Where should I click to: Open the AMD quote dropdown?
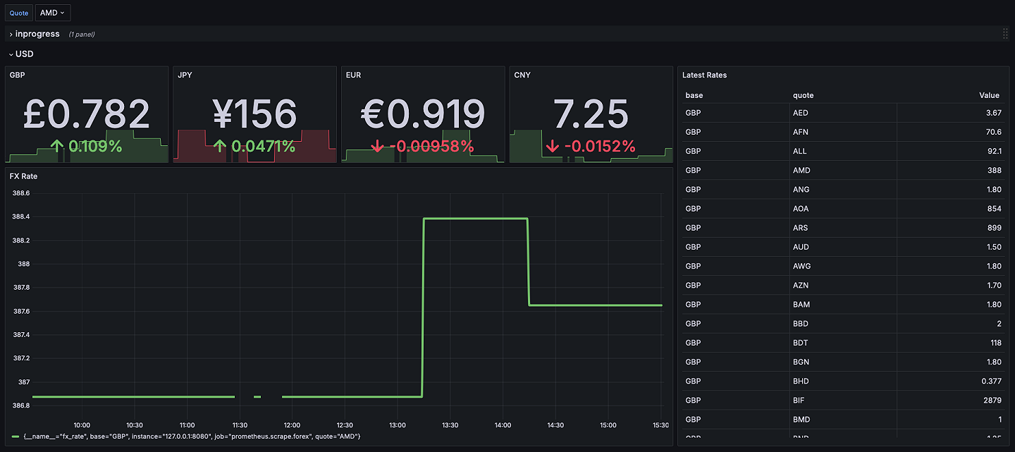coord(52,13)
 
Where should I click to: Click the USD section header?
coord(24,54)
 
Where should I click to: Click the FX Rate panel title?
coord(23,176)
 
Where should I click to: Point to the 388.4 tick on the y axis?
coord(21,216)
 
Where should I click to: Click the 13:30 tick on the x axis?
coord(450,425)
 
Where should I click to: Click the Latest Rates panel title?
coord(704,75)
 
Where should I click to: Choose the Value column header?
coord(989,95)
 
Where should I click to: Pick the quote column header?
coord(803,95)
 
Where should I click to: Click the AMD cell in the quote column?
coord(801,170)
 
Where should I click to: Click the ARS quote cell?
coord(800,228)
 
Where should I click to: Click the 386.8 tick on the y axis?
coord(21,405)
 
